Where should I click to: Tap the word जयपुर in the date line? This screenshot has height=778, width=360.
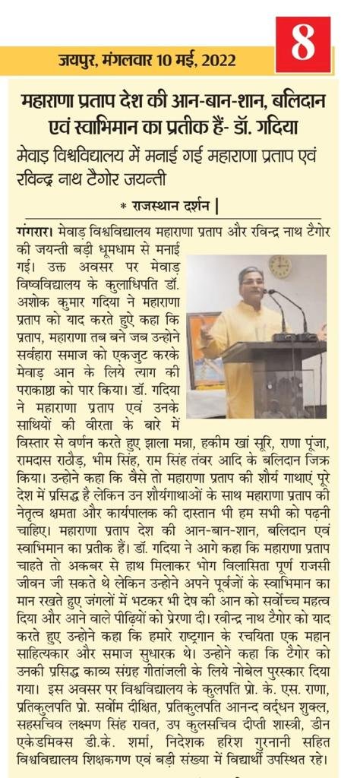coord(77,59)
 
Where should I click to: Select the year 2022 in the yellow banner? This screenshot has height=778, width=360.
coord(216,59)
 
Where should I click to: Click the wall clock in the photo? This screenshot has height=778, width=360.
coord(279,267)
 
